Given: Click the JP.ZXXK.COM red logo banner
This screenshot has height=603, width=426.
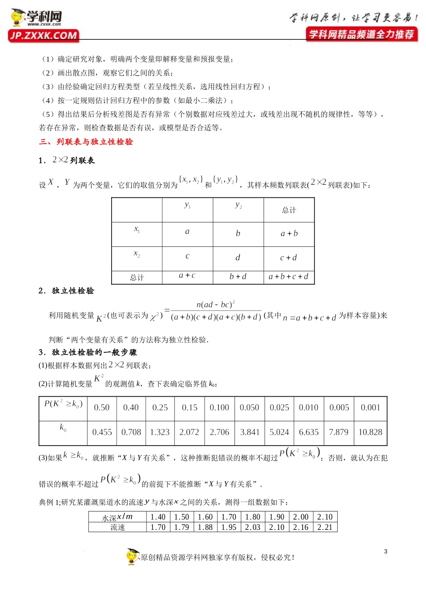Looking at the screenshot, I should (43, 35).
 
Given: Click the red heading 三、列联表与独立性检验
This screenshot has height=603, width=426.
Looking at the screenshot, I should (86, 142).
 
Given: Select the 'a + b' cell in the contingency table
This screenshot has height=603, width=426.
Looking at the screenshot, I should (289, 233).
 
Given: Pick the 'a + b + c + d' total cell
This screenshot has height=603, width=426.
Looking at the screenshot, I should (288, 277).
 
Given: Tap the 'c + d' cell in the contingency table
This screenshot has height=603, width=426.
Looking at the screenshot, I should (288, 258).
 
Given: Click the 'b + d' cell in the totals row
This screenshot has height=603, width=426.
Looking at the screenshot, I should (238, 277).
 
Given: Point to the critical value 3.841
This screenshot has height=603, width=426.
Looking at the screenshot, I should (250, 432).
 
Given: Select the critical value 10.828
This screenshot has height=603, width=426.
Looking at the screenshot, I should (370, 432).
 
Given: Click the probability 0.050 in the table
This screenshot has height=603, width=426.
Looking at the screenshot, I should (249, 407).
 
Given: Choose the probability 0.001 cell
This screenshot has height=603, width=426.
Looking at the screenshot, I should (370, 407).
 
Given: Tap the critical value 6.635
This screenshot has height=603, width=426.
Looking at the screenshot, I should (309, 432).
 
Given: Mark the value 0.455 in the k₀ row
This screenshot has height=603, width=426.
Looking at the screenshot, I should (102, 432).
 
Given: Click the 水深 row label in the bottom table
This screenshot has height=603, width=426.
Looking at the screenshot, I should (117, 517).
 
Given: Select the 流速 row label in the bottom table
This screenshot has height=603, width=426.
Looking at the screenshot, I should (117, 527).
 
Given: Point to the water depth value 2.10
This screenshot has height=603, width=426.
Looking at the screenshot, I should (325, 517).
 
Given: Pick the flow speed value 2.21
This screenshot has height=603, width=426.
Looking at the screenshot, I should (325, 527).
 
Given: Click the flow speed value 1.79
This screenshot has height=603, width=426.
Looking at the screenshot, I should (182, 527).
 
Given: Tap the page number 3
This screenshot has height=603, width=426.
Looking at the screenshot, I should (386, 551).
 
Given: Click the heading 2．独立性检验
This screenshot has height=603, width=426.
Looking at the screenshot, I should (66, 291).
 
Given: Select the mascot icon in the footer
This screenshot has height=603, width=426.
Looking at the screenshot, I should (132, 556).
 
